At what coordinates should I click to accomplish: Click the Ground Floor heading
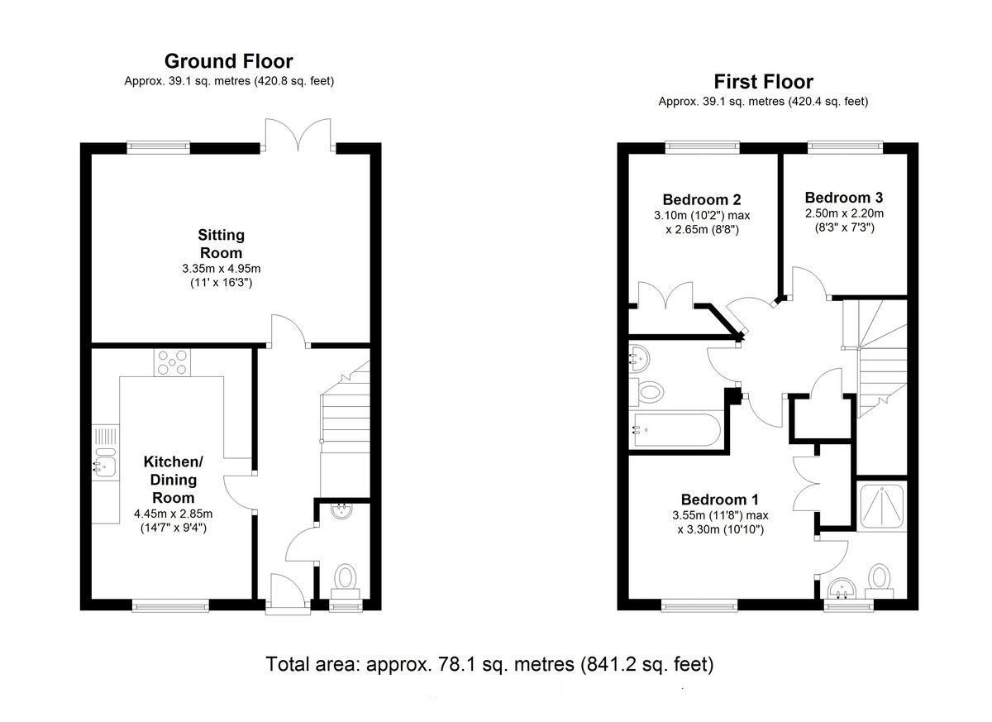tap(228, 61)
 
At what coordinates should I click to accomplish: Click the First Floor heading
tap(764, 82)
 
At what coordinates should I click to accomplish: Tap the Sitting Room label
tap(221, 244)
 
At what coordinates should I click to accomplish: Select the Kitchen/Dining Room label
tap(173, 480)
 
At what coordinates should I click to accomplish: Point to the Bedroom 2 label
tap(702, 200)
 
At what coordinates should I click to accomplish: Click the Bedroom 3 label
tap(844, 198)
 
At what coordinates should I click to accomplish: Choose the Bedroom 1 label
tap(720, 500)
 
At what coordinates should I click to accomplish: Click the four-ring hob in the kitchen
tap(172, 362)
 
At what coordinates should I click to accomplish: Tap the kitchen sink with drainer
tap(106, 452)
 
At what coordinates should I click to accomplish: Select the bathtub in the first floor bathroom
tap(676, 429)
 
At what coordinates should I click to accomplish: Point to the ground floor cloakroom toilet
tap(345, 581)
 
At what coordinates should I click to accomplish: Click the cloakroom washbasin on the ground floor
tap(342, 511)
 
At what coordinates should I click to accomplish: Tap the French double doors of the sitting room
tap(298, 134)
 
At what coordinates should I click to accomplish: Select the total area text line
tap(489, 665)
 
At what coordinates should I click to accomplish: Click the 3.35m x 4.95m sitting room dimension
tap(221, 269)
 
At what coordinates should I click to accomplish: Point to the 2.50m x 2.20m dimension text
tap(844, 213)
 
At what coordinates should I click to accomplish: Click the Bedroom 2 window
tap(703, 147)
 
